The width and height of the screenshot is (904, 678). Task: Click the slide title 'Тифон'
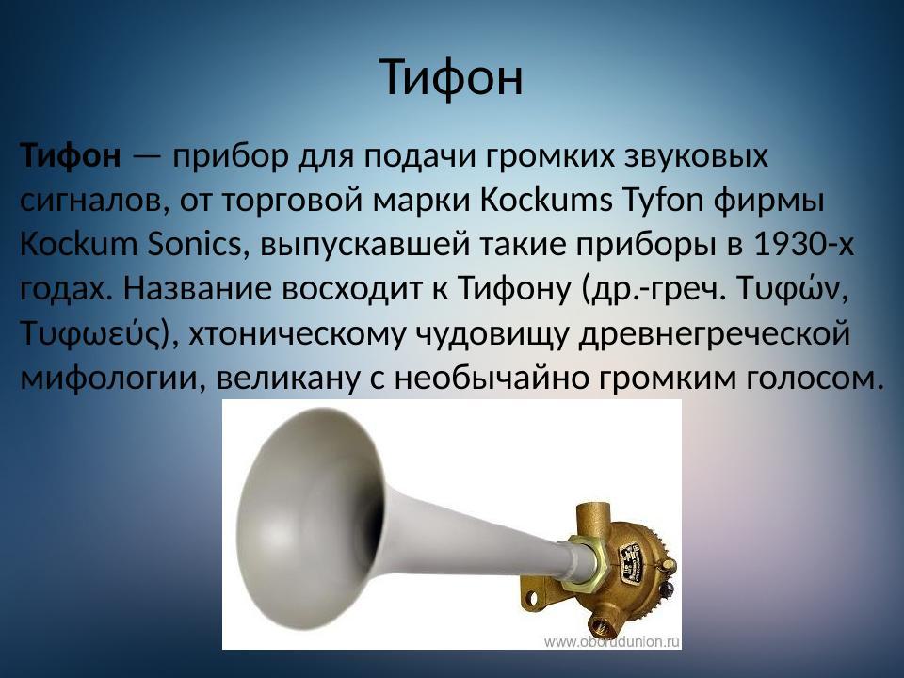[x=452, y=77]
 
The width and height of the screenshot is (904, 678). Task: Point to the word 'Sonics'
[x=193, y=244]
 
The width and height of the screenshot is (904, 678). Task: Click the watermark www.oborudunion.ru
[x=611, y=641]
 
